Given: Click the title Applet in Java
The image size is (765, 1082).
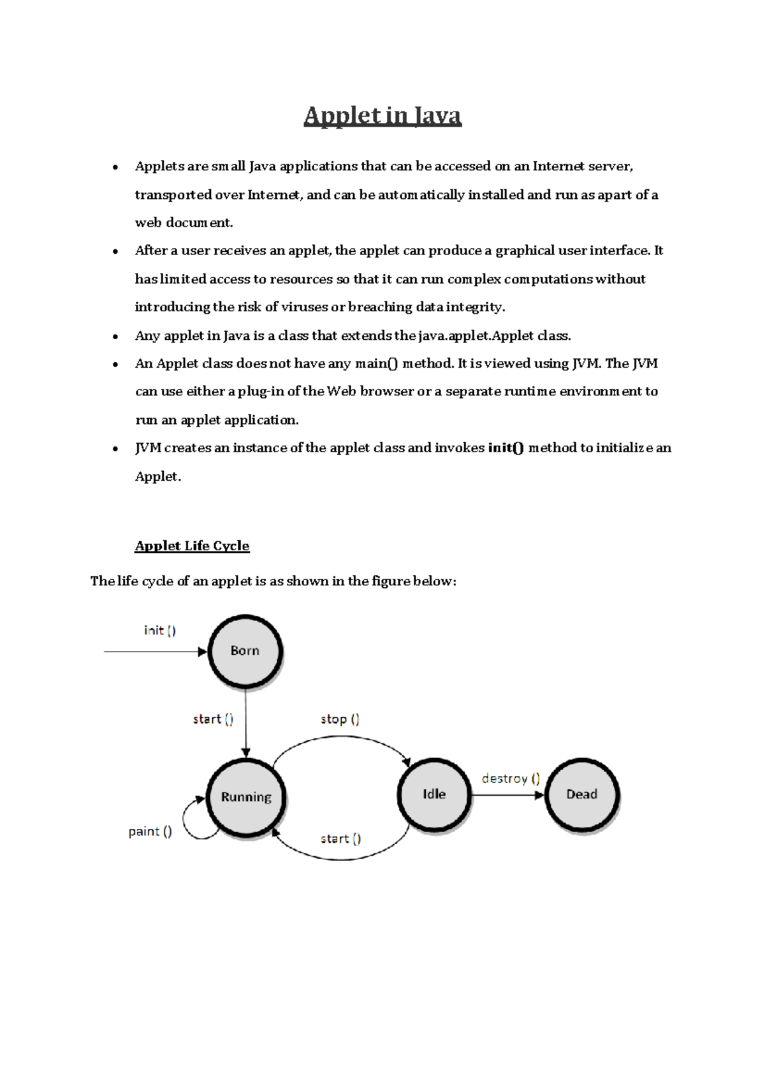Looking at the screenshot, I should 382,116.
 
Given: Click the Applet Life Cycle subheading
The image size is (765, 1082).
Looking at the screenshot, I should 192,546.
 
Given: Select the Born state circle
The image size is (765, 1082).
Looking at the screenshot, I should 245,651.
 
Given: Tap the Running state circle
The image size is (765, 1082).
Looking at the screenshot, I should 246,797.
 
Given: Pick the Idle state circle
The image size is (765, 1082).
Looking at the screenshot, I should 434,794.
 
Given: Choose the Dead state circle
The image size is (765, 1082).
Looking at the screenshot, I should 581,794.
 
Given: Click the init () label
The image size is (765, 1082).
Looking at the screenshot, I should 160,631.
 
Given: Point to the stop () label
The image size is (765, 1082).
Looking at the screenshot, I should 340,719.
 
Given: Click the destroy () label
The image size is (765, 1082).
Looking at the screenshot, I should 511,779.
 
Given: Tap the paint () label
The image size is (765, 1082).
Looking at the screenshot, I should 150,831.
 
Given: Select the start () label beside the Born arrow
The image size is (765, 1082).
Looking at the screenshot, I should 213,719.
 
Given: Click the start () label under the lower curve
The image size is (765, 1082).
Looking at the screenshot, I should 340,839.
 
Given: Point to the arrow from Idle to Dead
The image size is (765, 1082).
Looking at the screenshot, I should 507,795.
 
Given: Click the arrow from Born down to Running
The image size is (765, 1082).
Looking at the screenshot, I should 246,724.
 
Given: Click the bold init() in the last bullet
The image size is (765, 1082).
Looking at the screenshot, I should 506,448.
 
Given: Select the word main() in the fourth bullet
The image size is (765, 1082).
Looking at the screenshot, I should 376,363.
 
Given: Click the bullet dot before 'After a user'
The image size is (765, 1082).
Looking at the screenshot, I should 115,251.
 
